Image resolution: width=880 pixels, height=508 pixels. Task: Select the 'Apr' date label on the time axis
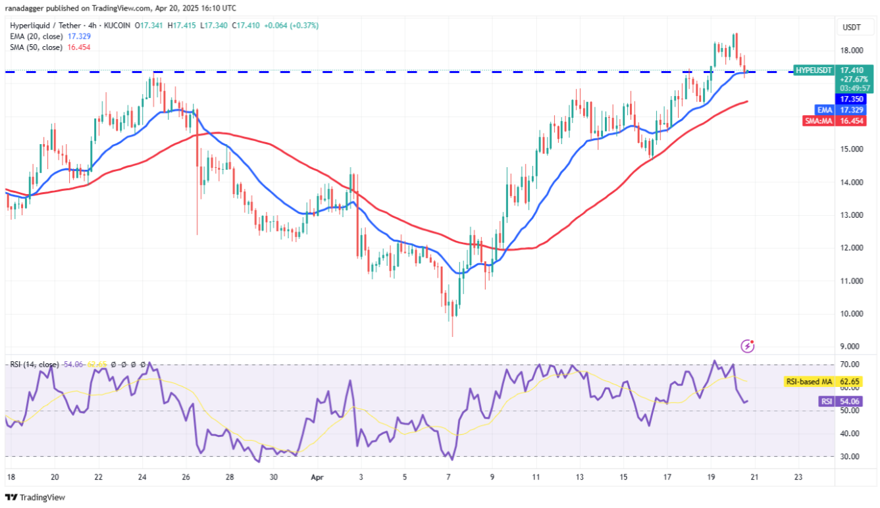tap(316, 476)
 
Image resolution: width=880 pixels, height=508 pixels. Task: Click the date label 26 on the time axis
tap(186, 476)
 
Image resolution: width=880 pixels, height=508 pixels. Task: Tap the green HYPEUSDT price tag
tap(814, 70)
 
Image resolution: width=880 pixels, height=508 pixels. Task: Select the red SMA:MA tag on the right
tap(818, 121)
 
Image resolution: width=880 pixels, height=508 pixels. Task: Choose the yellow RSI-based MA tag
tap(808, 381)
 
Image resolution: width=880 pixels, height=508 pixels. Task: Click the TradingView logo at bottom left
tap(36, 497)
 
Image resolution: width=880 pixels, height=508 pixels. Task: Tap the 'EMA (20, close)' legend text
tap(36, 36)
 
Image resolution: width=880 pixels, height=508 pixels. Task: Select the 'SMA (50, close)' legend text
tap(36, 47)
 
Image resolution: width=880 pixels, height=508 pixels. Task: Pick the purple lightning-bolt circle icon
tap(747, 345)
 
